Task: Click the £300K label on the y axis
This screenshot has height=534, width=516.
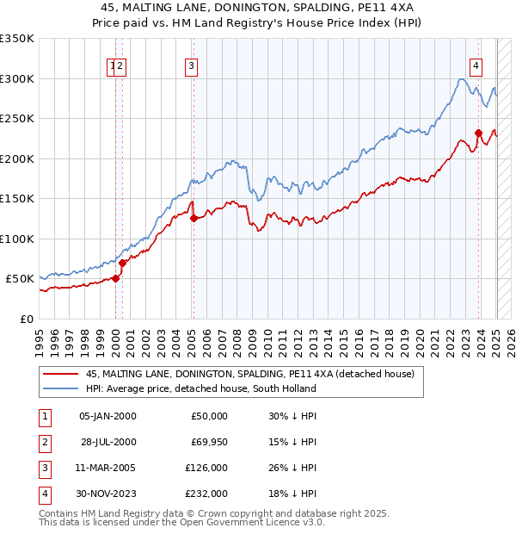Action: [17, 78]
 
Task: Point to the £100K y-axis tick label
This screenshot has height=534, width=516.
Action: [17, 239]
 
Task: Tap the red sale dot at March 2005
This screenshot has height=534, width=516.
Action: [193, 219]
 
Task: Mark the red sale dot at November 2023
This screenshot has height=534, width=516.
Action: [478, 133]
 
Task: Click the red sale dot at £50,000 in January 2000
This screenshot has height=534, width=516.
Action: [115, 279]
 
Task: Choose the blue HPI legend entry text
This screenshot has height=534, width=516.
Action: [200, 388]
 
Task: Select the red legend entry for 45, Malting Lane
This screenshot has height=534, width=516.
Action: [250, 374]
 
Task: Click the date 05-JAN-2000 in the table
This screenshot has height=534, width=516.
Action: [107, 416]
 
